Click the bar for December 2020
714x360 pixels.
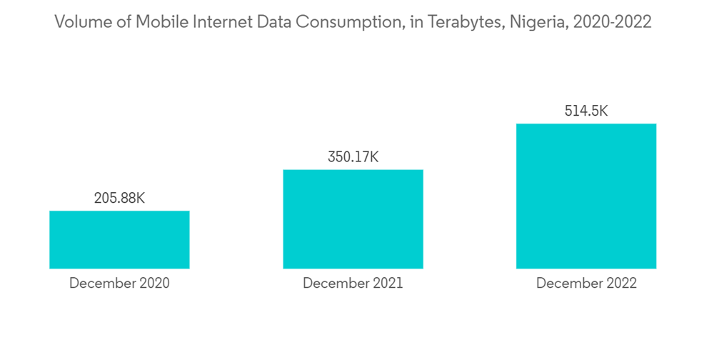tap(119, 239)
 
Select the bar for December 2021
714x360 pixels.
tap(353, 219)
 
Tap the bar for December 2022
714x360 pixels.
tap(586, 196)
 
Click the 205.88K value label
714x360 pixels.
tap(119, 198)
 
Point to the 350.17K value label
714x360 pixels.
tap(353, 157)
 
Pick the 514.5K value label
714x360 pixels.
tap(586, 111)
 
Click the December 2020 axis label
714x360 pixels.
tap(119, 284)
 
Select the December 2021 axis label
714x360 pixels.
tap(353, 284)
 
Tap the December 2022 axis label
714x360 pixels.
tap(586, 284)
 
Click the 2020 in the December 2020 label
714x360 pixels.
tap(154, 284)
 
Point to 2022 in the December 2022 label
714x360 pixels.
tap(621, 284)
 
